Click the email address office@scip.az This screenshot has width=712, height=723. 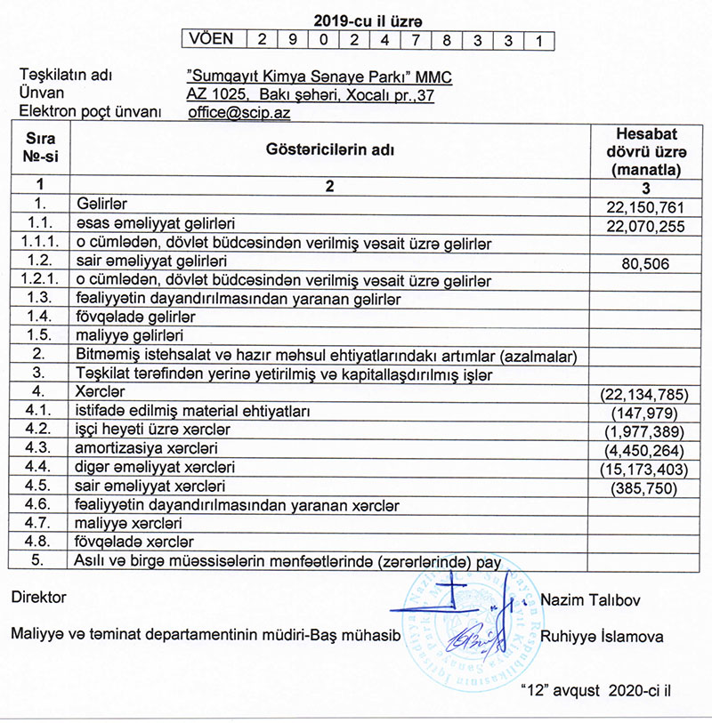point(239,114)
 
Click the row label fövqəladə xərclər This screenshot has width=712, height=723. point(134,542)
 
